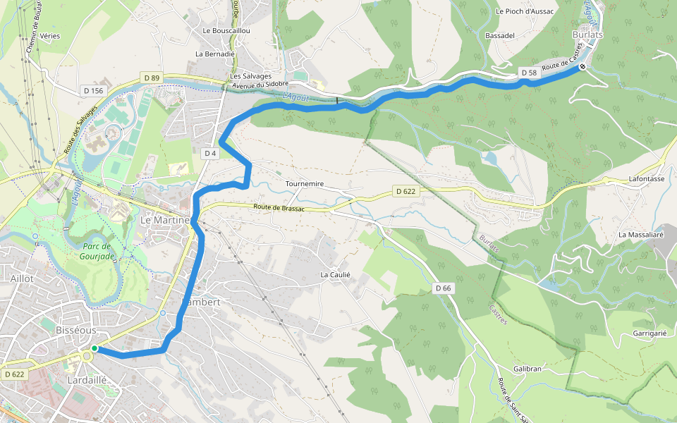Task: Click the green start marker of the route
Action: (94, 348)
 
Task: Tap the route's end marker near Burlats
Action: (583, 68)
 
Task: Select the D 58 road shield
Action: (529, 73)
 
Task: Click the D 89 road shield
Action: (151, 77)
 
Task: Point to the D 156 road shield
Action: (93, 90)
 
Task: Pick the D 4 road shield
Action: (209, 153)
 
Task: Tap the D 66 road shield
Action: (443, 288)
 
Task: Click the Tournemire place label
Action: (305, 184)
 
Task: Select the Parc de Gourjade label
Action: (97, 251)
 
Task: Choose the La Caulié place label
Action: (336, 274)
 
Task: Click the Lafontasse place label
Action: (647, 179)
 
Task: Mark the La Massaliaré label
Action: (641, 234)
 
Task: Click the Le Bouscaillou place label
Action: (226, 31)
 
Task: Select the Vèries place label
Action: (50, 35)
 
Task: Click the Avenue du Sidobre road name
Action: (260, 85)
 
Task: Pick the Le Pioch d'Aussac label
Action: (525, 11)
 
